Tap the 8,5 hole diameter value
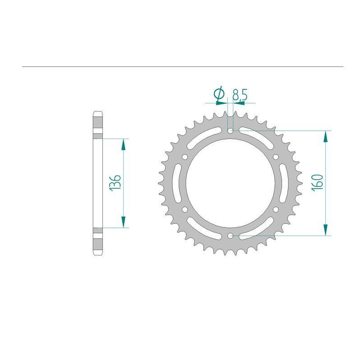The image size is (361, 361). (x=240, y=95)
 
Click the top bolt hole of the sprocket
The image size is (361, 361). (x=230, y=131)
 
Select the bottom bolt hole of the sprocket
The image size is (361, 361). (x=230, y=236)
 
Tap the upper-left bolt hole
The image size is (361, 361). (x=185, y=157)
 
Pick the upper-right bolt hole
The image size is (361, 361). (x=276, y=157)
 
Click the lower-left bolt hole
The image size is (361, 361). (x=185, y=209)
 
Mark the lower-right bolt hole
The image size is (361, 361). (x=276, y=209)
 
